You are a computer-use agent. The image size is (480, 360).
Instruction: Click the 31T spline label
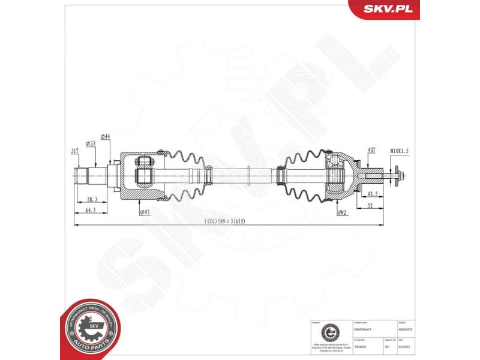pyautogui.click(x=75, y=151)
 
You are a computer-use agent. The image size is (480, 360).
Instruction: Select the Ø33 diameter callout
pyautogui.click(x=91, y=143)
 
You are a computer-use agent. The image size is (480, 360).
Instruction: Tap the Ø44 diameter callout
pyautogui.click(x=106, y=137)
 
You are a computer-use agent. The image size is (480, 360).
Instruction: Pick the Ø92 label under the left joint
pyautogui.click(x=144, y=212)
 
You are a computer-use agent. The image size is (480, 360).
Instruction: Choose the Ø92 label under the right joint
pyautogui.click(x=342, y=212)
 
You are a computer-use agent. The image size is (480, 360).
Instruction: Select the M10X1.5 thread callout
pyautogui.click(x=399, y=151)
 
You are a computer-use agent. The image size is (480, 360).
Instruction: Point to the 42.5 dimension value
pyautogui.click(x=372, y=194)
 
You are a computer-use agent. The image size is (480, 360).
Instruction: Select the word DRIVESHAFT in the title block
pyautogui.click(x=364, y=329)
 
